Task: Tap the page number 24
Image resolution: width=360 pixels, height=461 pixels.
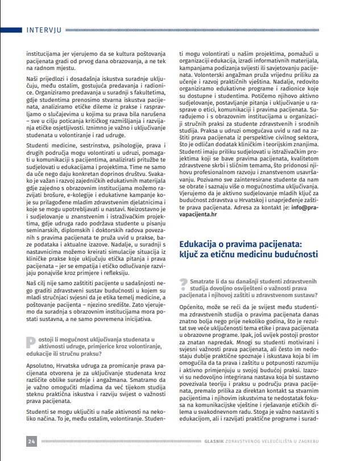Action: point(31,441)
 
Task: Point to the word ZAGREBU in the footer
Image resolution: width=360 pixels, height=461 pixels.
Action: point(320,442)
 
